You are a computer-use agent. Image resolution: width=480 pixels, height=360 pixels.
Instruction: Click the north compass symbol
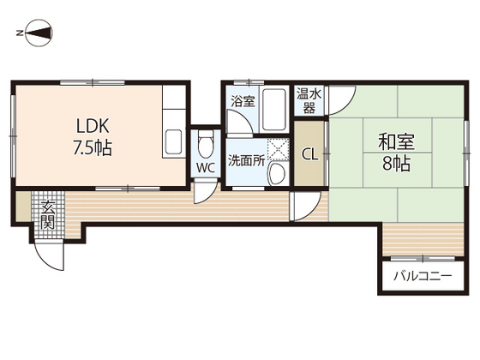(39, 33)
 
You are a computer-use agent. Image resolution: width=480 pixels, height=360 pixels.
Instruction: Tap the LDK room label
(93, 126)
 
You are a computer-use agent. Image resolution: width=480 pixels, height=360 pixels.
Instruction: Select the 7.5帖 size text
(93, 147)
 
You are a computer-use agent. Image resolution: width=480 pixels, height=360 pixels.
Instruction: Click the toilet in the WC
(206, 145)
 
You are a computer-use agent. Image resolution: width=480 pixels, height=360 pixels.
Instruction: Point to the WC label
(206, 168)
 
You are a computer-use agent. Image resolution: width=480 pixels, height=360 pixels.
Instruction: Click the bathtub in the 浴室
(274, 110)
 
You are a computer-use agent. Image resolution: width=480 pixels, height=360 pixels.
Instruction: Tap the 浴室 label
(243, 101)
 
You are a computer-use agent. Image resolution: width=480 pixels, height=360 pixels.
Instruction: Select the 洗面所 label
(247, 161)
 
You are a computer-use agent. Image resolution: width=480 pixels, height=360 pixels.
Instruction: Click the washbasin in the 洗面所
(277, 173)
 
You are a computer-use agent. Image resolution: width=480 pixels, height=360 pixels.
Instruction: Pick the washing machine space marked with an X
(278, 150)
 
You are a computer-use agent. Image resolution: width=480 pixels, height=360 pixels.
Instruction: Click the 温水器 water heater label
(309, 101)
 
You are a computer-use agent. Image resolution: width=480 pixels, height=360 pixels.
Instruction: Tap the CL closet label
(309, 155)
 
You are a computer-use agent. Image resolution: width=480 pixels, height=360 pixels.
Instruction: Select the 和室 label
(396, 142)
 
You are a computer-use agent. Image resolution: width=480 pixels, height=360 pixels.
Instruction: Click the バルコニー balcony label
(423, 276)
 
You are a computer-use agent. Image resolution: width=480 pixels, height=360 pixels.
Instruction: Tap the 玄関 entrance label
(48, 215)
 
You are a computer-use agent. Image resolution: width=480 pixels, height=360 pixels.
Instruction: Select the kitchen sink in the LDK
(173, 142)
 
